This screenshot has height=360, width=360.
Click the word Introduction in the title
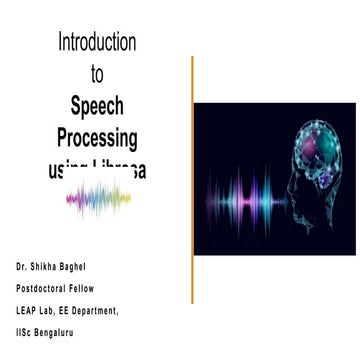97,43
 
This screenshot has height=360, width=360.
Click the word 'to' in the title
97,74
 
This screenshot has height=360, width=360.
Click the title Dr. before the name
21,268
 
